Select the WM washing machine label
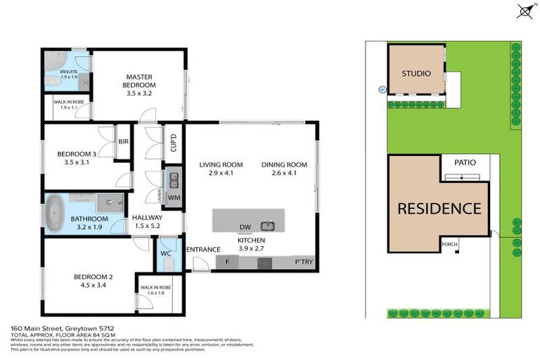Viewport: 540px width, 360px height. (174, 198)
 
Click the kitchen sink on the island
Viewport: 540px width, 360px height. (267, 226)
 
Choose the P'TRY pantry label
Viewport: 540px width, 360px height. (304, 263)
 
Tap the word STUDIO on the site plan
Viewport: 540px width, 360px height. (416, 74)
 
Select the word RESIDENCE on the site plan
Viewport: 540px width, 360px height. (439, 209)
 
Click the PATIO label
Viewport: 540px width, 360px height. (465, 162)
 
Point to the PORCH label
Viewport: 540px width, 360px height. (449, 244)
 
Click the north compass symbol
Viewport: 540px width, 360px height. (524, 11)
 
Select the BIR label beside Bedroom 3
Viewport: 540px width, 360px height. (123, 141)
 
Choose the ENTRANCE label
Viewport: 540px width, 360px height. (203, 250)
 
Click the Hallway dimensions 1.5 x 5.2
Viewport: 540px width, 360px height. (147, 226)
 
